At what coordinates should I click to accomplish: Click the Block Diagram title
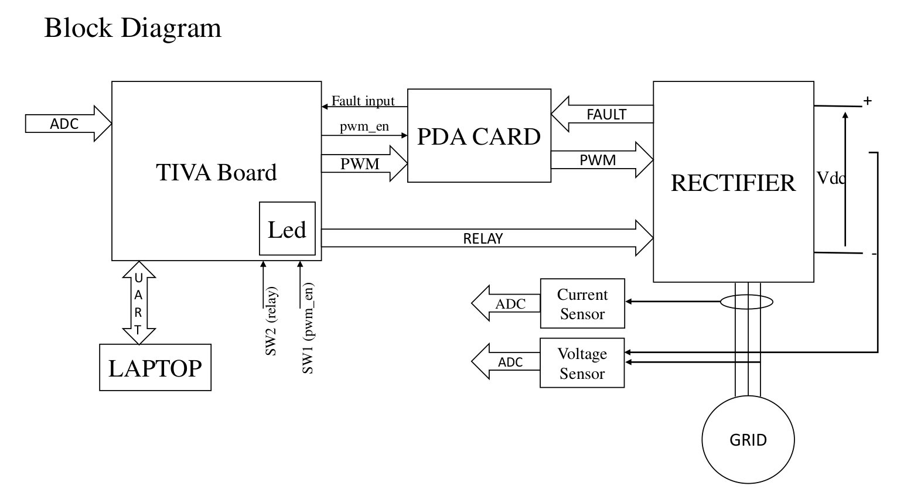(x=133, y=28)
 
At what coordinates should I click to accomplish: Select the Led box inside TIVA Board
(x=287, y=229)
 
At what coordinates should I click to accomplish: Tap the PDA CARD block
(x=479, y=136)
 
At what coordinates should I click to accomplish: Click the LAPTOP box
(x=155, y=368)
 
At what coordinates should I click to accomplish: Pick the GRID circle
(x=748, y=440)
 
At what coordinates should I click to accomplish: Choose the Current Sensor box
(x=582, y=304)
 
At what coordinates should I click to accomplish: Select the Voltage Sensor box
(x=582, y=363)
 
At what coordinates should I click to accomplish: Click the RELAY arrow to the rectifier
(x=484, y=238)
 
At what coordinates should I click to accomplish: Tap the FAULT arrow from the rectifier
(x=603, y=114)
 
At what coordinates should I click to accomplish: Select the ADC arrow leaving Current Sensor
(x=507, y=303)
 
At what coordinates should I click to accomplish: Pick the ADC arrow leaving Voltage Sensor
(x=507, y=362)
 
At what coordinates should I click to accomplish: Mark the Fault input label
(x=363, y=101)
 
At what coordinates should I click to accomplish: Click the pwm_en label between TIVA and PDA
(x=364, y=126)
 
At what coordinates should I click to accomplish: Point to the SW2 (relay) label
(x=271, y=321)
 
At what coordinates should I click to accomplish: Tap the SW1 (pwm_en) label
(x=308, y=328)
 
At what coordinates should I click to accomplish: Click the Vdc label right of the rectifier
(x=830, y=178)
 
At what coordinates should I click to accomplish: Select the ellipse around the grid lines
(x=747, y=302)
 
